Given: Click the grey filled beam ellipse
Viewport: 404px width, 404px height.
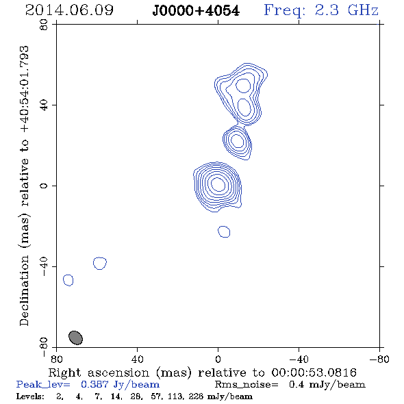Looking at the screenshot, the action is (75, 338).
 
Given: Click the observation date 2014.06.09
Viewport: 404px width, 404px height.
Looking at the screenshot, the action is (69, 10).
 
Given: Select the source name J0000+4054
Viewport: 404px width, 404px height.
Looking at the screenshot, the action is (196, 11).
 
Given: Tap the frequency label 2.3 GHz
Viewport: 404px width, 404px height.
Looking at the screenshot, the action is (346, 10).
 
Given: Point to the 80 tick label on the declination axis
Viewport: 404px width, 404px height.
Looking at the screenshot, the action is (44, 25).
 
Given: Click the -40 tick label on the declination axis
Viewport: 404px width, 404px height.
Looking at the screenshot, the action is (44, 266).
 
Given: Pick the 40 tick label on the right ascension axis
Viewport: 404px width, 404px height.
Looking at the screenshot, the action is (137, 359).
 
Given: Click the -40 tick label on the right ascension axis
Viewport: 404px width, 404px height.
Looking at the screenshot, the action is (299, 359).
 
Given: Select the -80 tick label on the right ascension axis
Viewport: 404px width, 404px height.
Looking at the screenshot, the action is (379, 359).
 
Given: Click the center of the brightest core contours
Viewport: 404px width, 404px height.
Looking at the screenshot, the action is (218, 184).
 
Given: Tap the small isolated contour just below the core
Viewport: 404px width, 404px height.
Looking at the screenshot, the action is (224, 231).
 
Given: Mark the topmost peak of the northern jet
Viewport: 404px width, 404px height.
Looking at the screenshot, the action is (243, 86).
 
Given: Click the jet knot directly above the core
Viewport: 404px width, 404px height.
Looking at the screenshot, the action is (238, 141).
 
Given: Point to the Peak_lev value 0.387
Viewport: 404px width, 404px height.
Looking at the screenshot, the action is (94, 384).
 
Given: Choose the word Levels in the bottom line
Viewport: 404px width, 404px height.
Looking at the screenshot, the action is (30, 396).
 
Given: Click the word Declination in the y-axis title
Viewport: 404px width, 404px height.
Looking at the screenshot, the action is (24, 290).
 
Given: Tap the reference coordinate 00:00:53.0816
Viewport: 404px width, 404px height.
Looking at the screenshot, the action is (314, 373).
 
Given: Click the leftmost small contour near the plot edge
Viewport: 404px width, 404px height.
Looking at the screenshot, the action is (68, 280).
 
